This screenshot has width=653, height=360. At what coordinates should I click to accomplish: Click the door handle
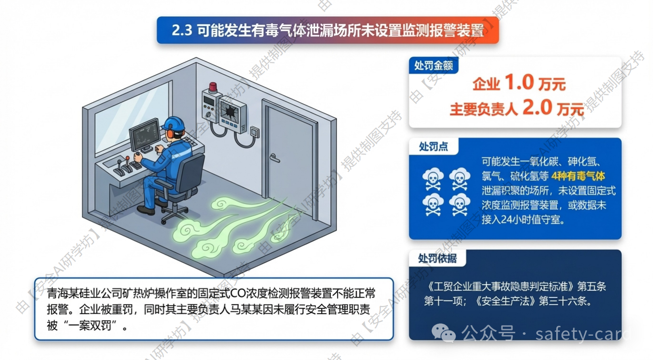click(x=275, y=158)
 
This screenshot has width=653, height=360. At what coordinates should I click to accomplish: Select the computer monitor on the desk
click(x=145, y=136)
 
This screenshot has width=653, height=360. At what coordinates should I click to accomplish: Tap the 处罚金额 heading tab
click(x=433, y=66)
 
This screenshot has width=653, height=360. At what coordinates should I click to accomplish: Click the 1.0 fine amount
click(x=519, y=82)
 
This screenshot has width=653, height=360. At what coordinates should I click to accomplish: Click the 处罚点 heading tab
click(x=433, y=146)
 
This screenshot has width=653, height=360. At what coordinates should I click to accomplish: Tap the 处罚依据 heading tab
click(x=437, y=258)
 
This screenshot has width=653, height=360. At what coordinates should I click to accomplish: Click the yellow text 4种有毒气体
click(x=578, y=176)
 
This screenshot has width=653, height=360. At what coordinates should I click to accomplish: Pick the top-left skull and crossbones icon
click(x=433, y=178)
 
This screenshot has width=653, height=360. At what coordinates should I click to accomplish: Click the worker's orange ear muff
click(x=170, y=134)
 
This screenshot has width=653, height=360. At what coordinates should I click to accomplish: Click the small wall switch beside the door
click(x=255, y=132)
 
